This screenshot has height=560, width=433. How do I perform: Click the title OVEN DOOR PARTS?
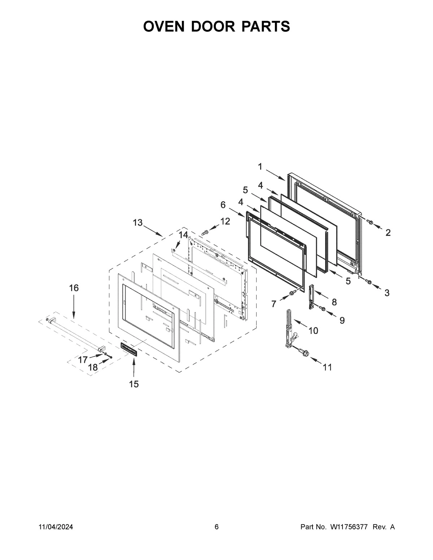pyautogui.click(x=216, y=27)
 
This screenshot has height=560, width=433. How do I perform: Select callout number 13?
pyautogui.click(x=137, y=223)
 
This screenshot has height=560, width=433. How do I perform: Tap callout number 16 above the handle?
pyautogui.click(x=74, y=288)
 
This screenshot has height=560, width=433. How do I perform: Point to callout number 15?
pyautogui.click(x=134, y=384)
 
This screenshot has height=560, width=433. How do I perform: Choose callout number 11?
pyautogui.click(x=327, y=367)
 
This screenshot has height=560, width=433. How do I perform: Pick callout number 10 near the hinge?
pyautogui.click(x=313, y=330)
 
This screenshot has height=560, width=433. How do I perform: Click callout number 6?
pyautogui.click(x=223, y=205)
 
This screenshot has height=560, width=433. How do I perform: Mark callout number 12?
pyautogui.click(x=225, y=221)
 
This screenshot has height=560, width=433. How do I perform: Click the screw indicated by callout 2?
pyautogui.click(x=369, y=221)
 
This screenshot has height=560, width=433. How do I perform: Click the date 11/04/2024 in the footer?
pyautogui.click(x=56, y=527)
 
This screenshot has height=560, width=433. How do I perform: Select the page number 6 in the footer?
pyautogui.click(x=216, y=527)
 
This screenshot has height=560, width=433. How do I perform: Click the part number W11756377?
pyautogui.click(x=348, y=527)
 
